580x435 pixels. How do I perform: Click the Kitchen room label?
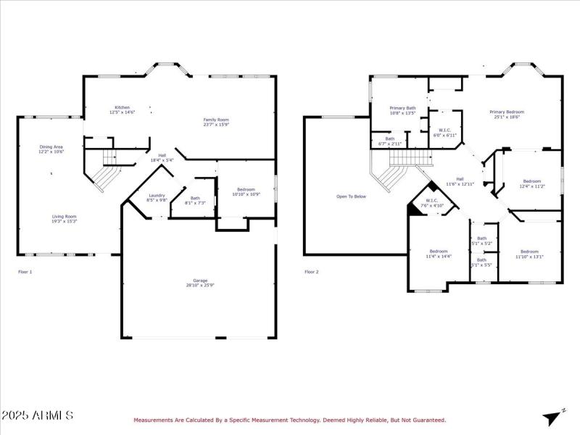click(x=121, y=109)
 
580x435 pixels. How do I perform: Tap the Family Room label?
click(x=215, y=121)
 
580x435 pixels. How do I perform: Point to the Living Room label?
click(x=65, y=218)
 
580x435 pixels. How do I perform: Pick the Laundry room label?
click(x=157, y=196)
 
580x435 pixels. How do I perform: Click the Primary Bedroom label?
click(x=506, y=114)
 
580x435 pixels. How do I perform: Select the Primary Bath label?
click(x=402, y=109)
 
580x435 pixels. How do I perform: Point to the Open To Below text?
click(x=351, y=196)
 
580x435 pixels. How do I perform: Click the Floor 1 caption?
click(x=25, y=272)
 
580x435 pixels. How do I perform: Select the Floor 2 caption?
click(x=311, y=272)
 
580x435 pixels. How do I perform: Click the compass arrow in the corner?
click(x=553, y=417)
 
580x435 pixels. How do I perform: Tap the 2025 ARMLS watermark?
click(x=37, y=415)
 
